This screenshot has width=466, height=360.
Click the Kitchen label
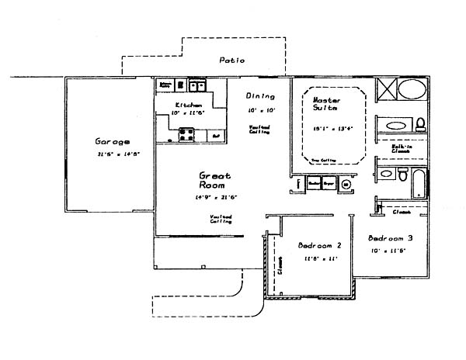[189, 105]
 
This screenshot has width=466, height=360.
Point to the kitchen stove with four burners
[187, 134]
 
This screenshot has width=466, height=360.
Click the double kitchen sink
[196, 86]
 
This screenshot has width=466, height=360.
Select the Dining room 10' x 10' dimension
[258, 110]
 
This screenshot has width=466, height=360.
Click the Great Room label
[211, 181]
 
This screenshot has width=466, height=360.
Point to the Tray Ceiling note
[322, 161]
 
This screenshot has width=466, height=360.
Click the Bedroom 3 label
[390, 237]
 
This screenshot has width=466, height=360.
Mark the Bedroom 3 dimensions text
[388, 251]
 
